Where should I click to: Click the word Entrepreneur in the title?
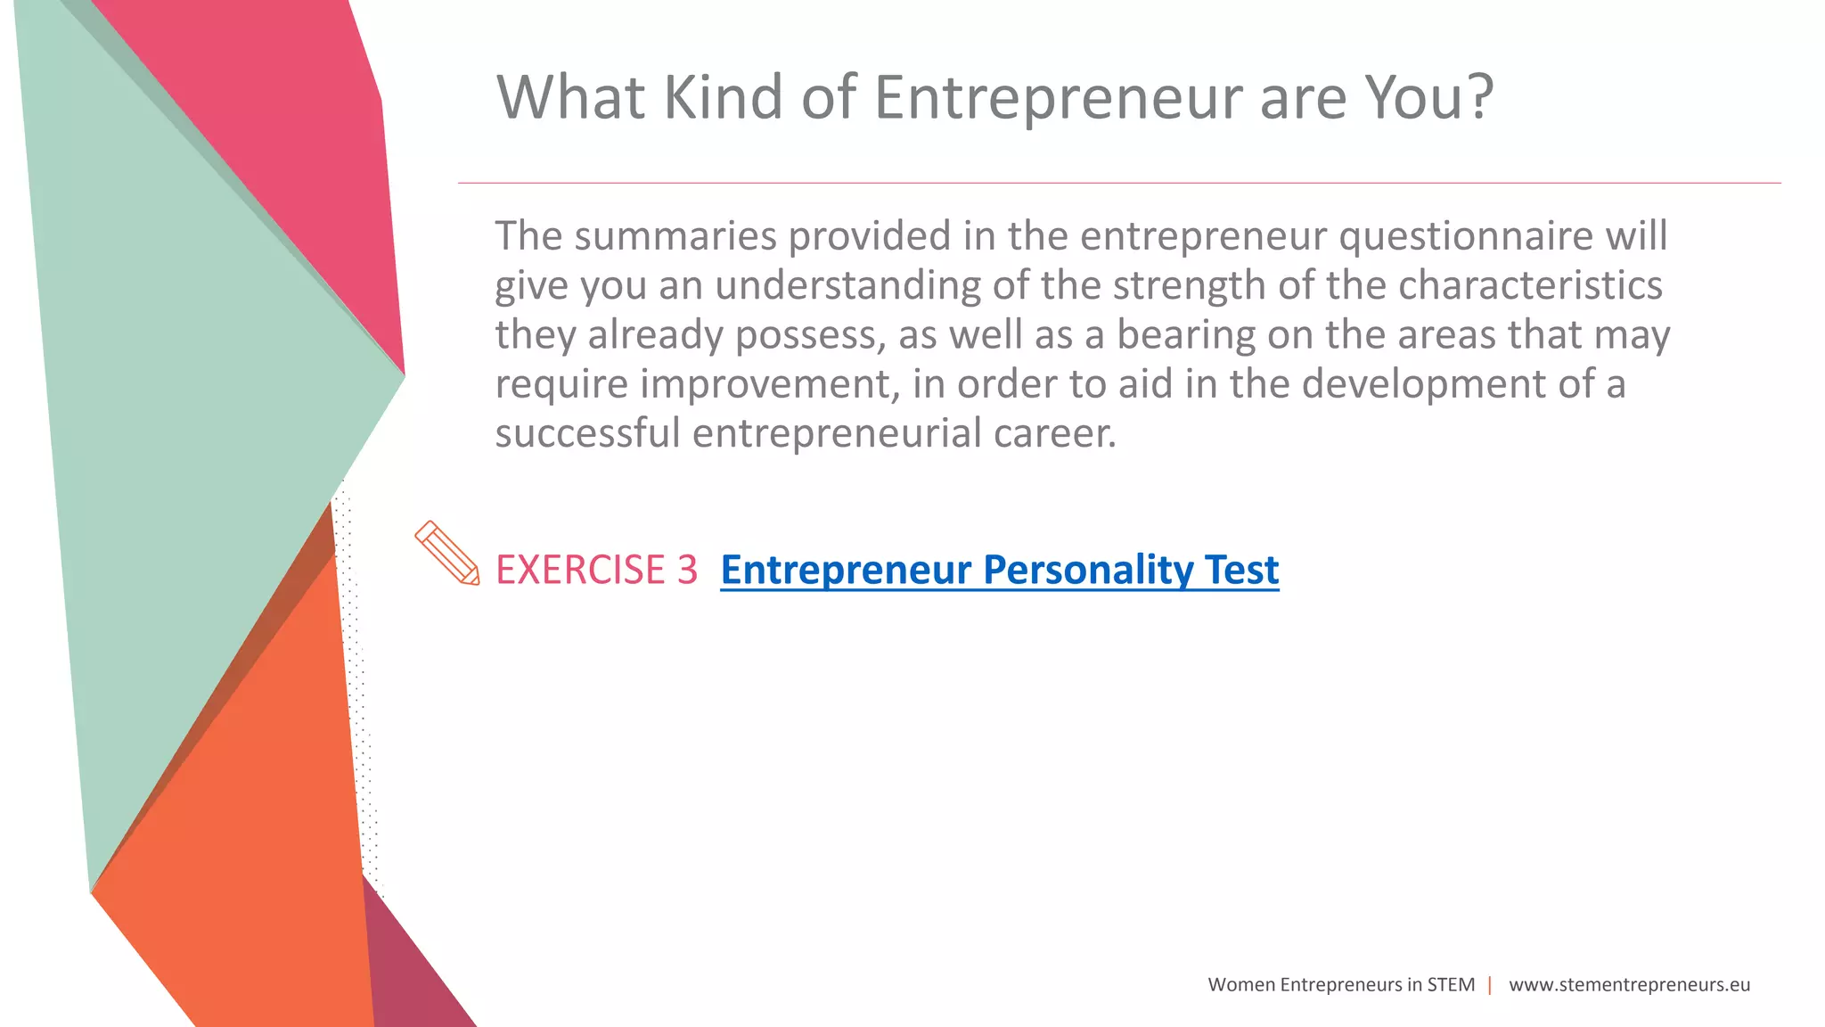coord(1057,98)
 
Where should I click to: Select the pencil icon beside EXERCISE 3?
coord(446,554)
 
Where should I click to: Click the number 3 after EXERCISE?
coord(687,571)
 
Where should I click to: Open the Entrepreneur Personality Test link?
coord(999,571)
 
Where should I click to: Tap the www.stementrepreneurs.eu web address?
coord(1629,985)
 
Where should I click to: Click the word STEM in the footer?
coord(1451,985)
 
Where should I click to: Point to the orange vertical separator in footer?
coord(1490,985)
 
